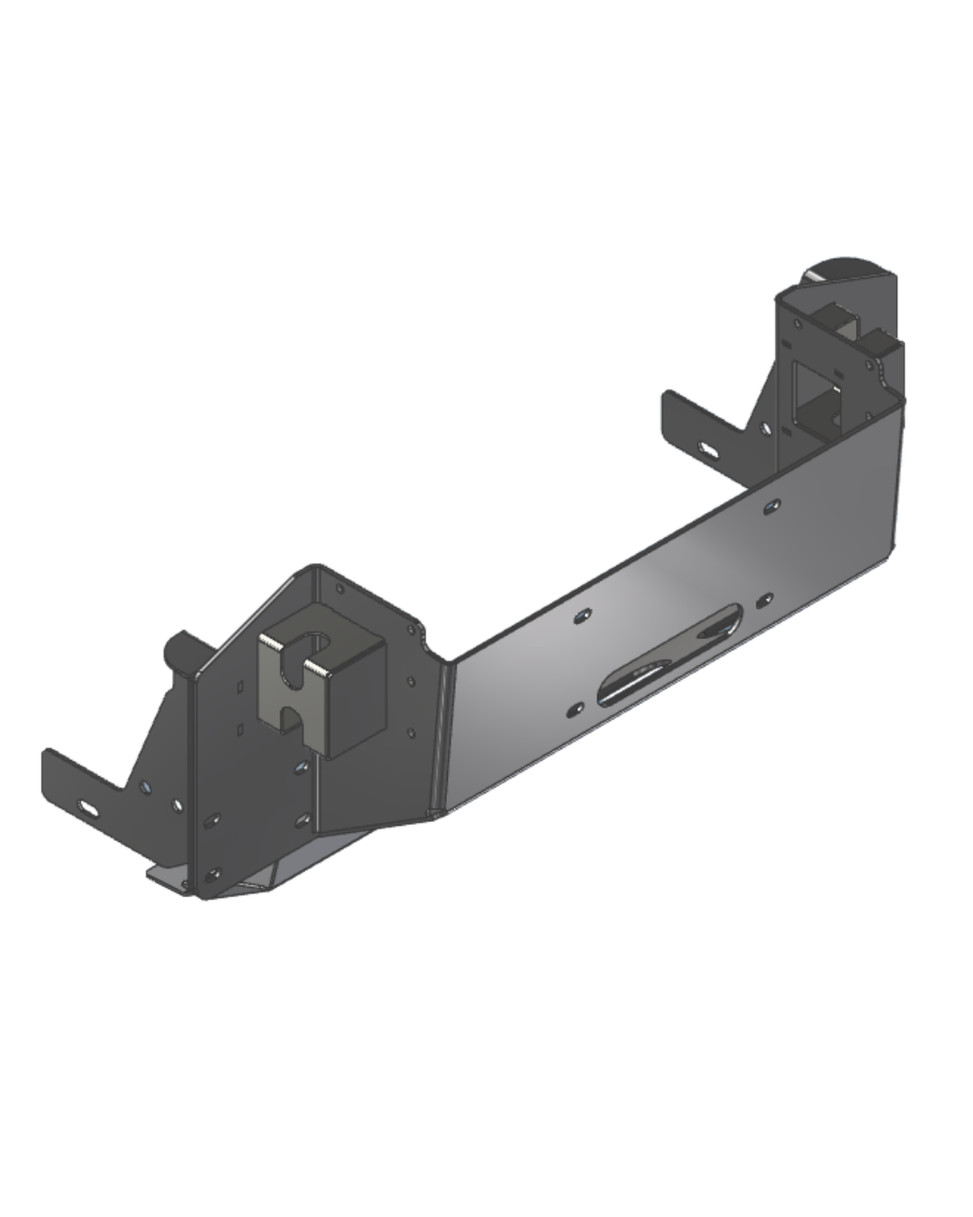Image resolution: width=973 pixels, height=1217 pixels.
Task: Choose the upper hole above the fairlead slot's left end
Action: pyautogui.click(x=581, y=615)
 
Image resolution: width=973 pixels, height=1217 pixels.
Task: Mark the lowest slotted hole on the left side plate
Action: pyautogui.click(x=214, y=874)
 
